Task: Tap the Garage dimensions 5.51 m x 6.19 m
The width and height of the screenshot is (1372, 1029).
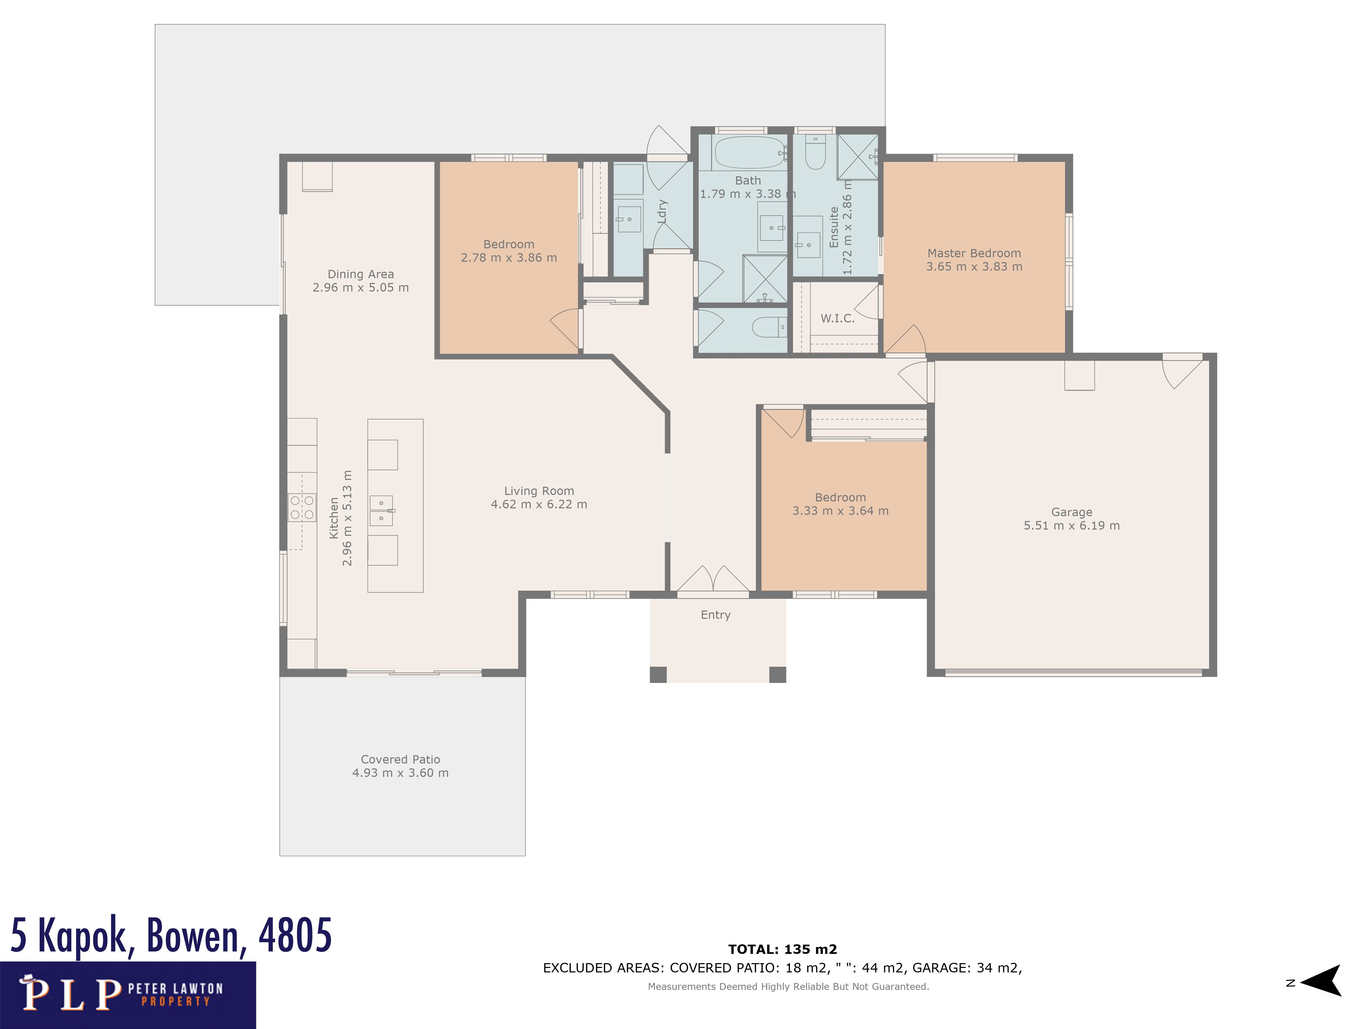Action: (1072, 525)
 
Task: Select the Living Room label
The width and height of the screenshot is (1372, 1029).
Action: (539, 490)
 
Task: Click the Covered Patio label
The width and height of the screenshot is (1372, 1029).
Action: (401, 759)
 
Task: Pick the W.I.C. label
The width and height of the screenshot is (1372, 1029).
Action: (837, 318)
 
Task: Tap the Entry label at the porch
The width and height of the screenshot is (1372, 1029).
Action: (716, 615)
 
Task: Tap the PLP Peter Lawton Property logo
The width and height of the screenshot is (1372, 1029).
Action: (128, 995)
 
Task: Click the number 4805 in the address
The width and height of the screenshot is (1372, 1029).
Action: (295, 935)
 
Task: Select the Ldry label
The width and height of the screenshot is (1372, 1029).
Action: (662, 212)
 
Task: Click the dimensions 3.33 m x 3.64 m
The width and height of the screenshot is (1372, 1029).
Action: (840, 510)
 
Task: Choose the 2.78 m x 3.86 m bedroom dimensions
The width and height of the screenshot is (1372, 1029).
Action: (509, 257)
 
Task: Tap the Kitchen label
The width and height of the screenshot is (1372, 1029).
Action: (334, 518)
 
